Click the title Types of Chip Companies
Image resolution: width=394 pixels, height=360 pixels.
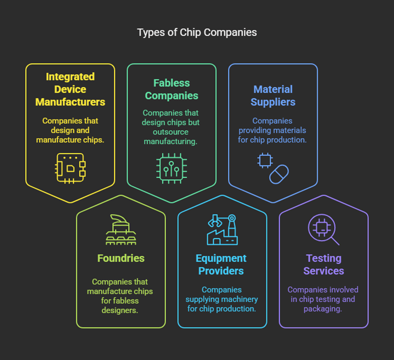(x=197, y=32)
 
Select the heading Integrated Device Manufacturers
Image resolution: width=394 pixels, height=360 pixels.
(x=70, y=89)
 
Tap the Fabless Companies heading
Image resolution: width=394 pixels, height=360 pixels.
(x=171, y=89)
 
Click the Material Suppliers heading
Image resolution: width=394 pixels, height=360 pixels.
(x=273, y=95)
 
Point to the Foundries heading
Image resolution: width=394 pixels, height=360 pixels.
(x=121, y=258)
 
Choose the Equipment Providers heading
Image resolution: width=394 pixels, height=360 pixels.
(x=221, y=265)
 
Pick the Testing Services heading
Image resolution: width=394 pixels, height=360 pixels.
(x=324, y=265)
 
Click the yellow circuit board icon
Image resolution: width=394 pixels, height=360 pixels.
(x=70, y=168)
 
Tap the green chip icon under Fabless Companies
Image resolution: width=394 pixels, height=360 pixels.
(x=171, y=168)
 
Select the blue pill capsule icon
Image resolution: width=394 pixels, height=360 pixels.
(x=279, y=174)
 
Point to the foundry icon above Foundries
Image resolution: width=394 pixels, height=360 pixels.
(x=121, y=230)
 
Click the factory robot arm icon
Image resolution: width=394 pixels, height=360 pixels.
(x=222, y=230)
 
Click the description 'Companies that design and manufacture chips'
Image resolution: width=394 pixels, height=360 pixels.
(x=70, y=130)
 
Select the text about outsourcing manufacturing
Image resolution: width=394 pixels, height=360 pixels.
(x=171, y=127)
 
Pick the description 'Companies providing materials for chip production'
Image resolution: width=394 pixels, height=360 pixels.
(x=273, y=130)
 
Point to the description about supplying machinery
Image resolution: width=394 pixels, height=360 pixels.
(x=222, y=299)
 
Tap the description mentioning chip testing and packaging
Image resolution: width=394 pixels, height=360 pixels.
(x=323, y=299)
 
